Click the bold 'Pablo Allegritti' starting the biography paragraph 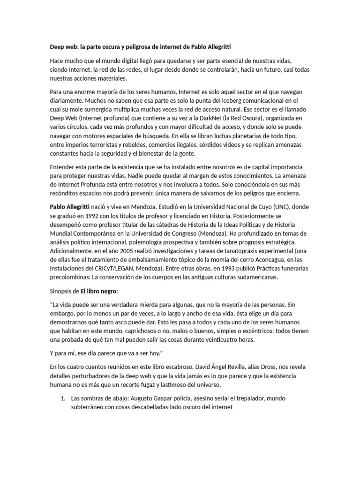tap(71, 207)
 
